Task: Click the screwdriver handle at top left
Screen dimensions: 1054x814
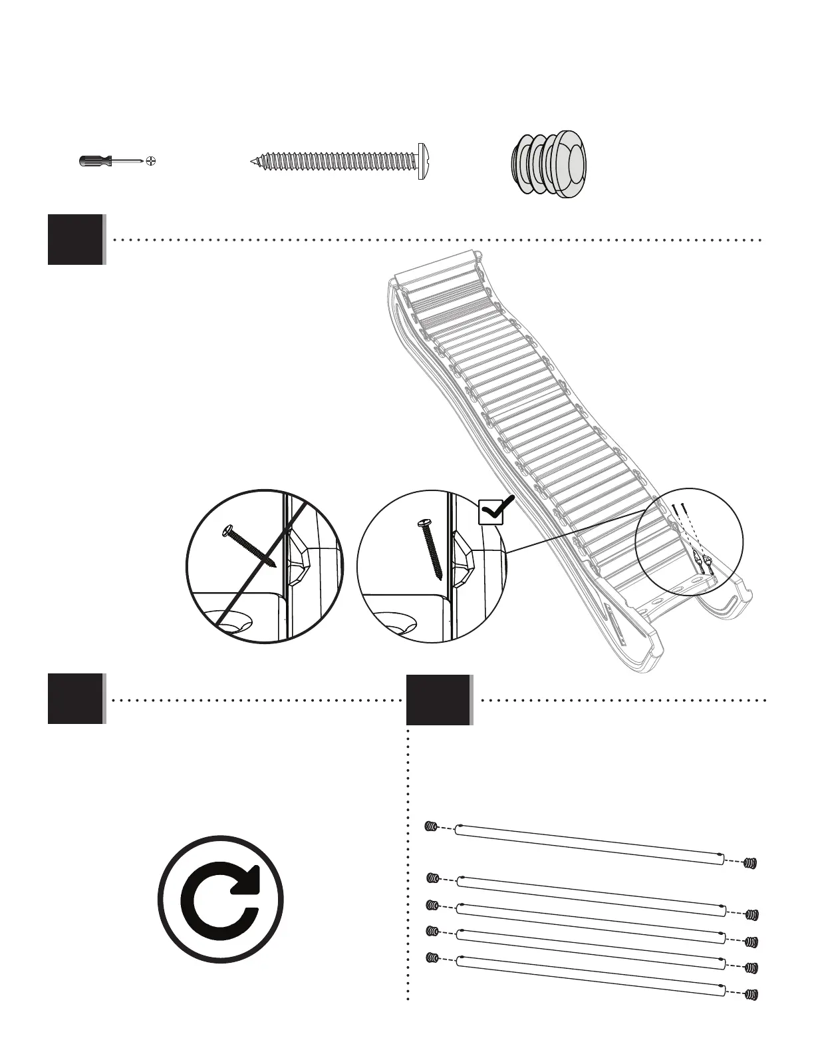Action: (x=94, y=161)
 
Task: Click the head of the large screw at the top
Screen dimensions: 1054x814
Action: (x=420, y=161)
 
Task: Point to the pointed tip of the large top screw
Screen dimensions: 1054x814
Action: (x=253, y=161)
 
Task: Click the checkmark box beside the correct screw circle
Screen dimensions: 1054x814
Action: (x=492, y=513)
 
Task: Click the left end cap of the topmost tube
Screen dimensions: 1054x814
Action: (x=430, y=827)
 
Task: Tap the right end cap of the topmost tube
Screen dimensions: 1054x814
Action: (x=751, y=863)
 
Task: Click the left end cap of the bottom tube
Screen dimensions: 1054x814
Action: (x=430, y=958)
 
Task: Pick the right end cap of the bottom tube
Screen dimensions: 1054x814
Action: (x=751, y=995)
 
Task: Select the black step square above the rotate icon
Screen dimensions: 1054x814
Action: (x=76, y=699)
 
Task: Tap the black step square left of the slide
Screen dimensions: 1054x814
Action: (x=76, y=240)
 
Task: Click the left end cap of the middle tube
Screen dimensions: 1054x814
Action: (x=432, y=906)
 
